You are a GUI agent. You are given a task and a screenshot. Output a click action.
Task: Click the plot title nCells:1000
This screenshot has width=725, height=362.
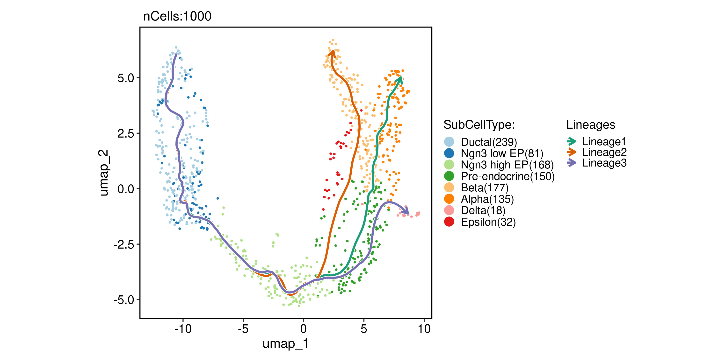[x=177, y=16]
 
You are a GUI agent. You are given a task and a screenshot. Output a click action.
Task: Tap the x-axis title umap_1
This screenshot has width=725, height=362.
[x=285, y=343]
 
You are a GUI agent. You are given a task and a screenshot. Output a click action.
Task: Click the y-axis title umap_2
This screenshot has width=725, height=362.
[x=104, y=173]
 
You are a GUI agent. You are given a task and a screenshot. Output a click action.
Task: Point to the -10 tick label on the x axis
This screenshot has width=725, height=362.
[x=183, y=328]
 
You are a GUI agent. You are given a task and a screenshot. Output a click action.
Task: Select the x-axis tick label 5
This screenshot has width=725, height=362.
[x=364, y=328]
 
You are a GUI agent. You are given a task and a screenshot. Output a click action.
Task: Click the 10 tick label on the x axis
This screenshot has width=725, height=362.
[x=424, y=328]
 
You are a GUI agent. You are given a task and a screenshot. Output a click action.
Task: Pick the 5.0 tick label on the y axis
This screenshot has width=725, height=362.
[x=126, y=78]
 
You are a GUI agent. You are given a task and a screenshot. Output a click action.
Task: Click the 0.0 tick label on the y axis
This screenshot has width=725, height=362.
[x=126, y=189]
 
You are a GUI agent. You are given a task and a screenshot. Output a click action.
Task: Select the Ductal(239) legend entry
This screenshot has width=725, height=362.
[x=489, y=142]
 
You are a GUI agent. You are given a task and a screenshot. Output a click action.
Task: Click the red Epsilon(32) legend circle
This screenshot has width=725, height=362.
[x=449, y=222]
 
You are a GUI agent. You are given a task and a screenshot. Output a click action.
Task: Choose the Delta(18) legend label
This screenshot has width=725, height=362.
[x=483, y=210]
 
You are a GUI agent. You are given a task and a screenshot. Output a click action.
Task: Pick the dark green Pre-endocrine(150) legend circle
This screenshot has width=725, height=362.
[x=449, y=176]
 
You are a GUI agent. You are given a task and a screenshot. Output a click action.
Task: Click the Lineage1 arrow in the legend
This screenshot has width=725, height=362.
[x=572, y=141]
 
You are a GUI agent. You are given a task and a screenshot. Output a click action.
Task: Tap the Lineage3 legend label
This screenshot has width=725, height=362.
[x=604, y=163]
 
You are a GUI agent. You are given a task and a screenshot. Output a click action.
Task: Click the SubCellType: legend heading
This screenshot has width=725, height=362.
[x=479, y=125]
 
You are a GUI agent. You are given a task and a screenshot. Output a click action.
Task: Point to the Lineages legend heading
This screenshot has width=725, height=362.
[x=590, y=125]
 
